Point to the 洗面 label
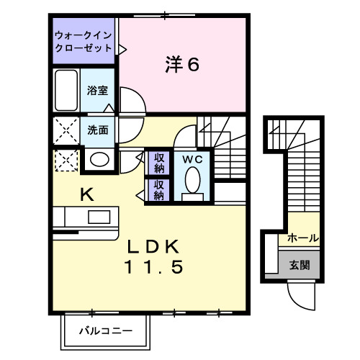click(x=98, y=130)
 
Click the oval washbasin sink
click(x=100, y=159)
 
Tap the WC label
click(x=191, y=158)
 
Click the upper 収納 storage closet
click(x=158, y=163)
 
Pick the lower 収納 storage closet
click(x=158, y=189)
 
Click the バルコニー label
click(x=104, y=332)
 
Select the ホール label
click(x=302, y=238)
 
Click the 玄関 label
click(x=300, y=264)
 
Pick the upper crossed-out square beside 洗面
click(x=66, y=130)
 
